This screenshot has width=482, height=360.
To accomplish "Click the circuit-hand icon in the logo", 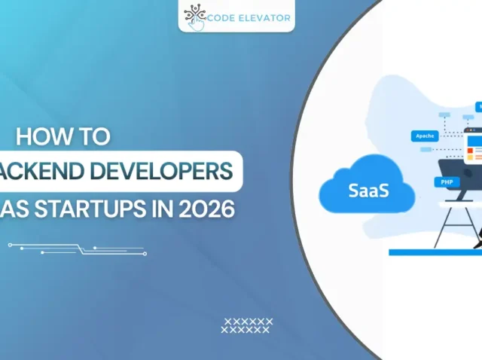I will [x=195, y=16].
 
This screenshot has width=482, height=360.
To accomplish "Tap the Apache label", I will [x=423, y=136].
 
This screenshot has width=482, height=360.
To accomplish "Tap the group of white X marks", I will [x=246, y=325].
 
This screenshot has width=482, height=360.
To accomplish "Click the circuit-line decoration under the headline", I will [x=75, y=249].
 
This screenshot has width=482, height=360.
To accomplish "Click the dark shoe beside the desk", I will [x=477, y=243].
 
